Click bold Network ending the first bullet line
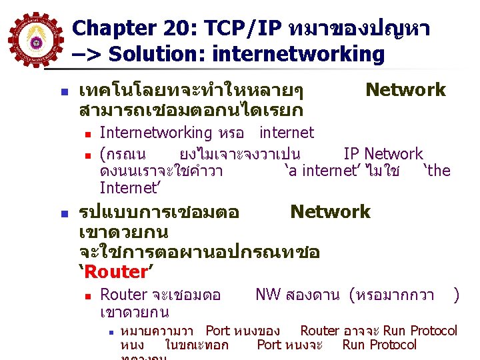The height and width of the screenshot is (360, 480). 405,89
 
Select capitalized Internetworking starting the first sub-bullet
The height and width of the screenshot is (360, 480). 155,133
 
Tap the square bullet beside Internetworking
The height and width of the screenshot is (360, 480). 87,133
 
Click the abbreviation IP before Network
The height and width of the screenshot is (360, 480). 351,154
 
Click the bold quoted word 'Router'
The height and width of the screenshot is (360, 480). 116,271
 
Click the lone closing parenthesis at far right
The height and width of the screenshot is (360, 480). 456,295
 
